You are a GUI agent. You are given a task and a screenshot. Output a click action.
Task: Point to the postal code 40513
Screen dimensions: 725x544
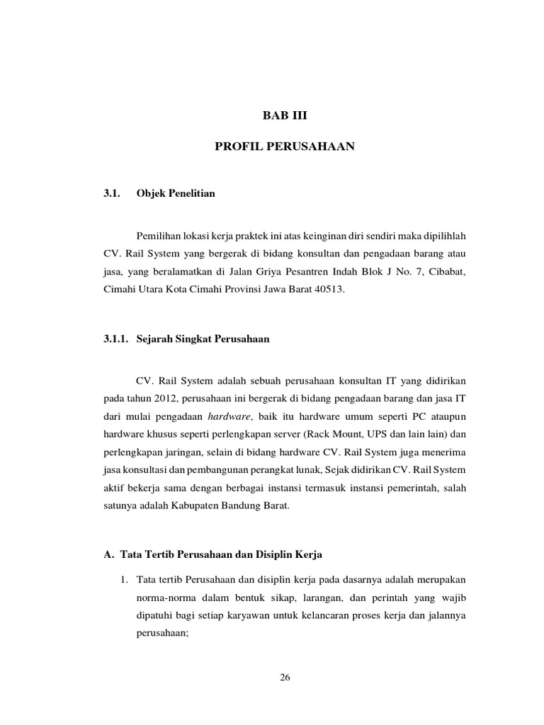click(327, 291)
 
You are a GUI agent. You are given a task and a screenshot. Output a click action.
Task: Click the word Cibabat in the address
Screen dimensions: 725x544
click(447, 272)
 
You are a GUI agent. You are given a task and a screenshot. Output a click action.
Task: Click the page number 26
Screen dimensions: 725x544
click(285, 678)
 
